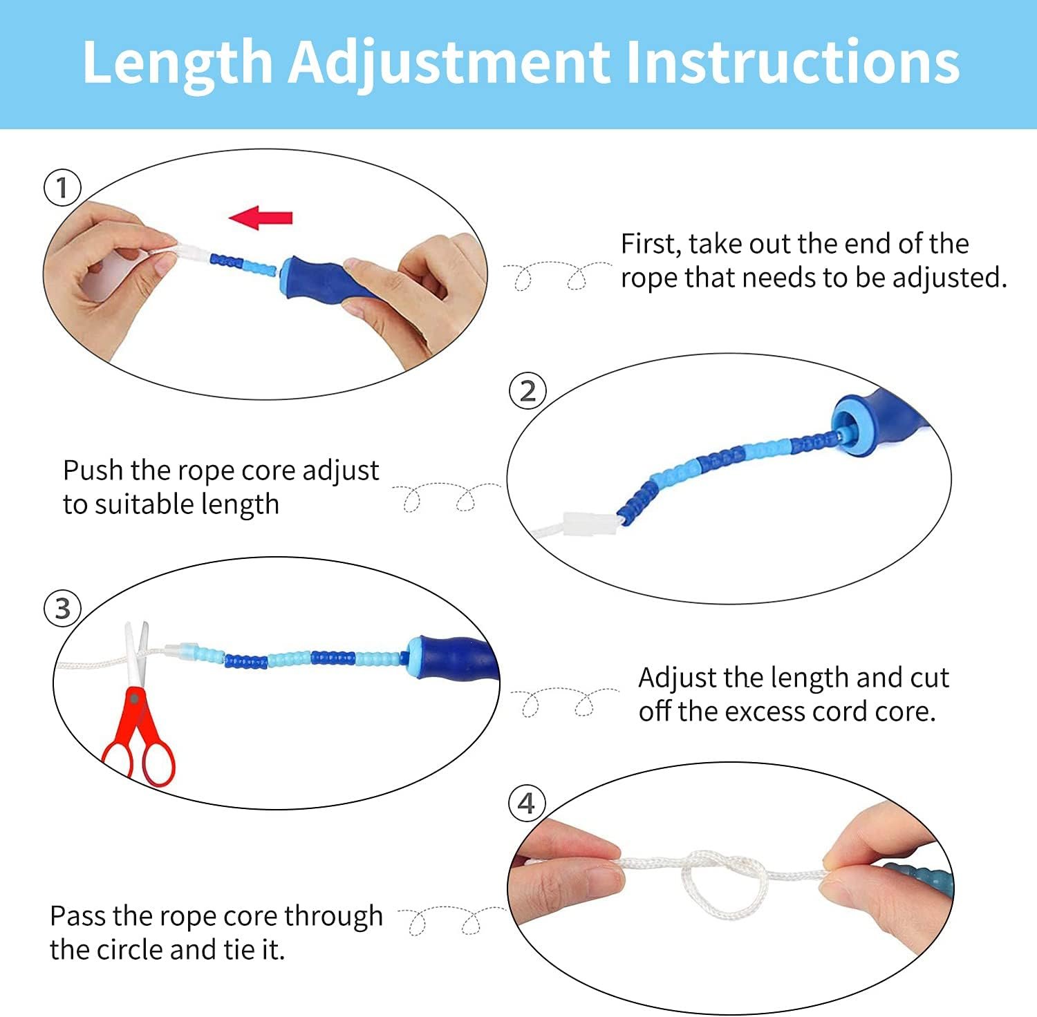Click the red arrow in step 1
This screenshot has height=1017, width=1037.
[x=261, y=218]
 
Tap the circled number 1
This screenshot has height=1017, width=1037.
[x=62, y=188]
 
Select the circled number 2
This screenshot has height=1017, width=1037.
[x=527, y=391]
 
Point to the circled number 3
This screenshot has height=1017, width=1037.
[x=62, y=609]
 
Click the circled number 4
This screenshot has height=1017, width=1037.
[x=527, y=804]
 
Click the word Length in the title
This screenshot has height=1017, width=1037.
[x=178, y=63]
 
